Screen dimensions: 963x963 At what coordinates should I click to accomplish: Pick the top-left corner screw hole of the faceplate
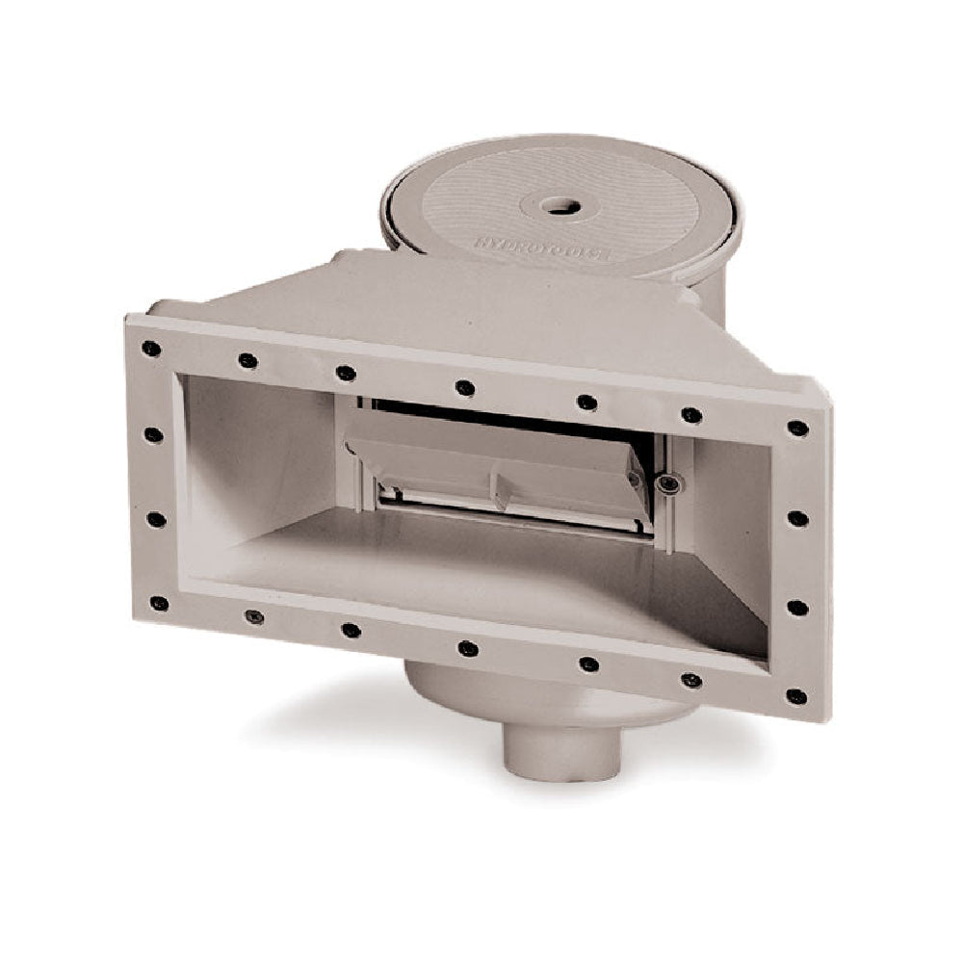point(149,349)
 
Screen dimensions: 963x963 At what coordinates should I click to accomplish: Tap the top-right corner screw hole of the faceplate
point(797,429)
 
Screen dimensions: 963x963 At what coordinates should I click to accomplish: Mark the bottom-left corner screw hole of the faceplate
point(158,604)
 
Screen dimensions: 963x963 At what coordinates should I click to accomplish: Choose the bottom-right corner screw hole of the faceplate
point(795,695)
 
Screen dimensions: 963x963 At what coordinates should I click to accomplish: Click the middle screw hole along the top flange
point(465,387)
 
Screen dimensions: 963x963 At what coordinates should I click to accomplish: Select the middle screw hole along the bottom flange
point(468,648)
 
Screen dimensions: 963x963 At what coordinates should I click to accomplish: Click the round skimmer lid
point(559,207)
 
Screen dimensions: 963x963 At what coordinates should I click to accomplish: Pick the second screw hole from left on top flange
point(248,360)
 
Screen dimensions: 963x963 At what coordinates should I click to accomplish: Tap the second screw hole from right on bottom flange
point(690,680)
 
